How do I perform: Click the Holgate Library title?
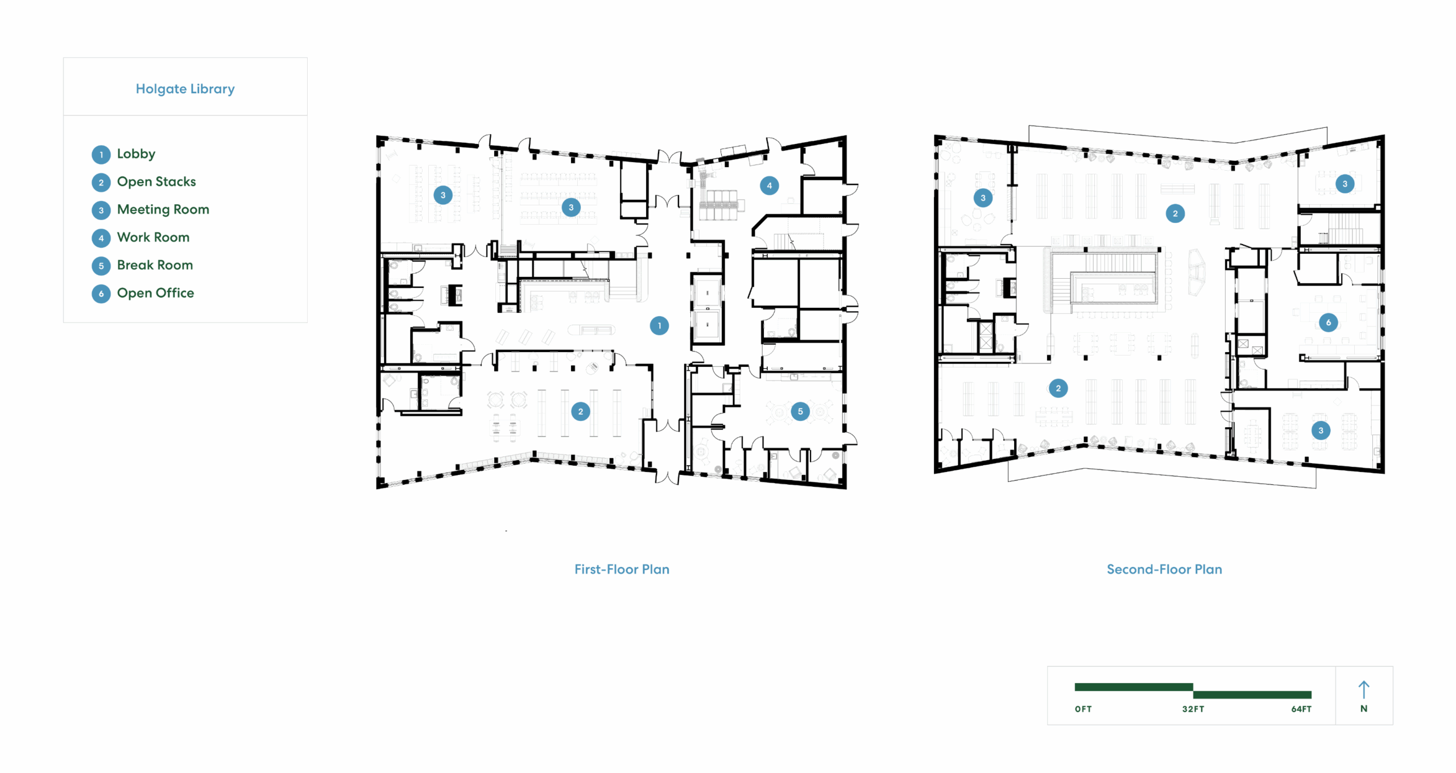click(185, 89)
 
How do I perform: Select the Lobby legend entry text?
click(136, 154)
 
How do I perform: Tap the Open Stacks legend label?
click(156, 181)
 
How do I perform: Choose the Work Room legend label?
click(153, 237)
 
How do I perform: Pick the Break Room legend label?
click(155, 265)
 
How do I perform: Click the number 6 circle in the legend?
click(101, 294)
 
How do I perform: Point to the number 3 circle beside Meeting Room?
click(101, 210)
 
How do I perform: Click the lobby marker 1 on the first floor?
click(659, 326)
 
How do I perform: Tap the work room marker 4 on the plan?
click(770, 185)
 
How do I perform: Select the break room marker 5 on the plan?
click(800, 411)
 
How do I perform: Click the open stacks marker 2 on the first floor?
click(580, 411)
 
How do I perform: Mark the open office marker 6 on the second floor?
click(1329, 323)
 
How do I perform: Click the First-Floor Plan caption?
click(622, 569)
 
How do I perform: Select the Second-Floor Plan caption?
click(1164, 569)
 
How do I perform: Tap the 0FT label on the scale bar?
click(1083, 709)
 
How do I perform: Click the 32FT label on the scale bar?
click(1193, 709)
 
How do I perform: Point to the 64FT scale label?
click(1301, 709)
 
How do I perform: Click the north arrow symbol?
click(1364, 689)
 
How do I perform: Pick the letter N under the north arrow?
click(1364, 709)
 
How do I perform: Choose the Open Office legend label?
click(155, 293)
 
